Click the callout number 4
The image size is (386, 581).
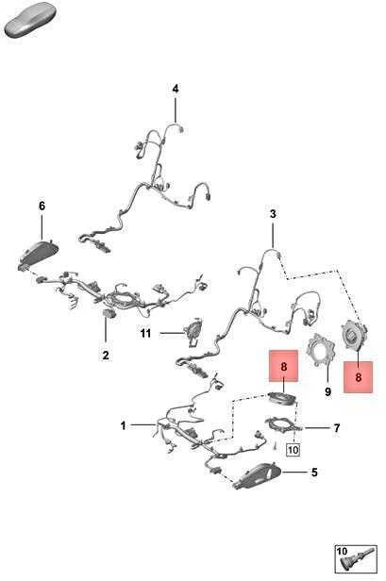176,89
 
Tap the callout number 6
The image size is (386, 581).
42,206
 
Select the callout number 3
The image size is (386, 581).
273,214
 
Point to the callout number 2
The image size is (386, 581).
106,355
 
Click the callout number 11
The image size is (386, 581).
145,334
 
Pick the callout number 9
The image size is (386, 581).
327,391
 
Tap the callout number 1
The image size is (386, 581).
124,425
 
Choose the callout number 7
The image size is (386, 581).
336,428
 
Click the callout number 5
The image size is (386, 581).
314,473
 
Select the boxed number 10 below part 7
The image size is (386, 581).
293,450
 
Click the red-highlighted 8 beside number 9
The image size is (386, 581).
359,377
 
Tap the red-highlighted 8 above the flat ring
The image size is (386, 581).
284,366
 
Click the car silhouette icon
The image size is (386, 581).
28,23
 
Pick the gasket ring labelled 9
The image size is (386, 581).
321,349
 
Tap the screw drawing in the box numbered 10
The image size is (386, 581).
359,562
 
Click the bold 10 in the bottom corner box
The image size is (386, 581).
342,551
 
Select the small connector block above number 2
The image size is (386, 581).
109,313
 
